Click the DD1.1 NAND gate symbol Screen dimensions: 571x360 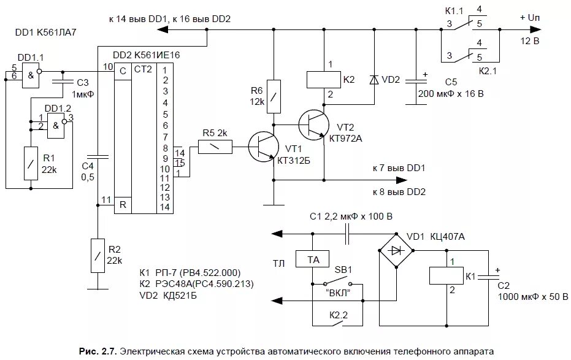tap(31, 75)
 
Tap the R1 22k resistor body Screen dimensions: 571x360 tap(31, 163)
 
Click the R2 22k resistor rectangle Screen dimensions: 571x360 tap(98, 256)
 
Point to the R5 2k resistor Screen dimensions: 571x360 tap(215, 147)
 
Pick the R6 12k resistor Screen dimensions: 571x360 tap(274, 96)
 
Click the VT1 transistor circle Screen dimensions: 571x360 tap(263, 147)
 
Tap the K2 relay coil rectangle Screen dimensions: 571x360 tap(323, 80)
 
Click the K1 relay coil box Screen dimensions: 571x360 tap(446, 275)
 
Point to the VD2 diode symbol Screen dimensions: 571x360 tap(374, 80)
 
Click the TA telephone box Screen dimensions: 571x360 tap(312, 259)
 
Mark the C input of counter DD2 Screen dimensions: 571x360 tap(123, 71)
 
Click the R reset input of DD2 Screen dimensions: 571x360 tap(123, 205)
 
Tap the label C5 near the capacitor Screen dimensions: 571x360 tap(451, 82)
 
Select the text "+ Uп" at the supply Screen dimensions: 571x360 tap(530, 18)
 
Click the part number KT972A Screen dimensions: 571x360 tap(345, 139)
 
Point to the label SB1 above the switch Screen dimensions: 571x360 tap(343, 270)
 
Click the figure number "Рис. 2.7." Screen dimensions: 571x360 tap(98, 351)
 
